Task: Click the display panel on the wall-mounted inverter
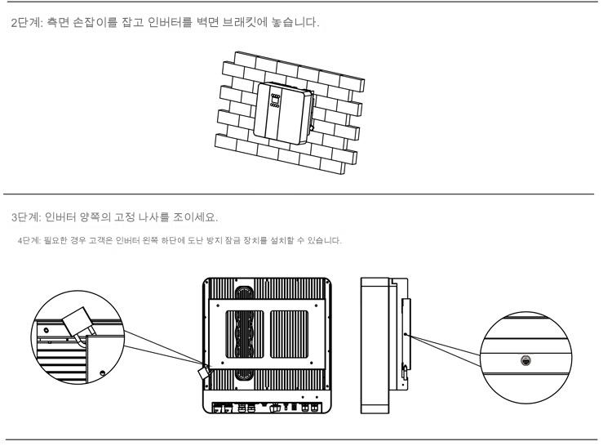[x=277, y=104]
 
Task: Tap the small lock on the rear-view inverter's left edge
[x=203, y=370]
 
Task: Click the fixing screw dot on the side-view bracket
[x=405, y=333]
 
